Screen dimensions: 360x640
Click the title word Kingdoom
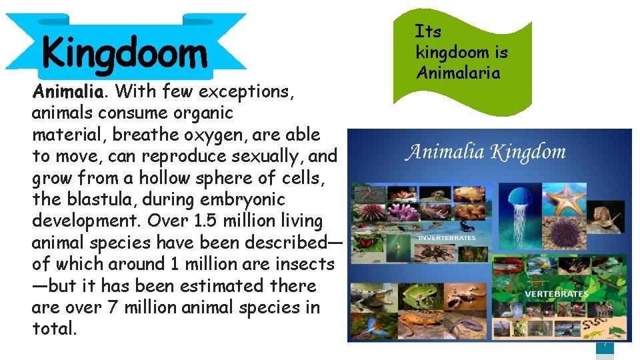click(x=124, y=53)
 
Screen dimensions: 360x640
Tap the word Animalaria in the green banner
click(x=458, y=72)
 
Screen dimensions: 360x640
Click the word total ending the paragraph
click(x=52, y=329)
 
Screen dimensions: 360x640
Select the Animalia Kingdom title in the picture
click(x=486, y=153)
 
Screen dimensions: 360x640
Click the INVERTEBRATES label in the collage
click(x=446, y=237)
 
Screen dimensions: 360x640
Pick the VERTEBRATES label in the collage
click(x=556, y=293)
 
